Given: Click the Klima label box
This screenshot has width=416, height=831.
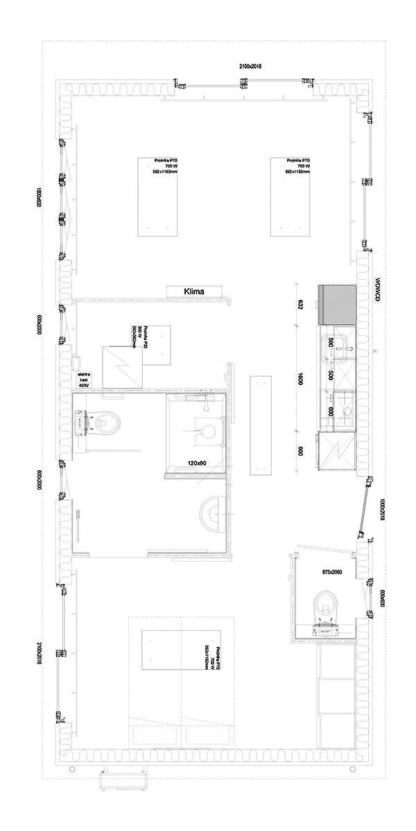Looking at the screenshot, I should coord(195,292).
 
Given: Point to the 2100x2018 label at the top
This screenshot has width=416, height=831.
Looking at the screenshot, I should coord(250,66).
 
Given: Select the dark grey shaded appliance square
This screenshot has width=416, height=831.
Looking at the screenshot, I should coord(336,305).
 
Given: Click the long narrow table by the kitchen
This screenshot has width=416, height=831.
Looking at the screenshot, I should coord(261,426).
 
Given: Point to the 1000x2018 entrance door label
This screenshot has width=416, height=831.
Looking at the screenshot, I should coord(381,509).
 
